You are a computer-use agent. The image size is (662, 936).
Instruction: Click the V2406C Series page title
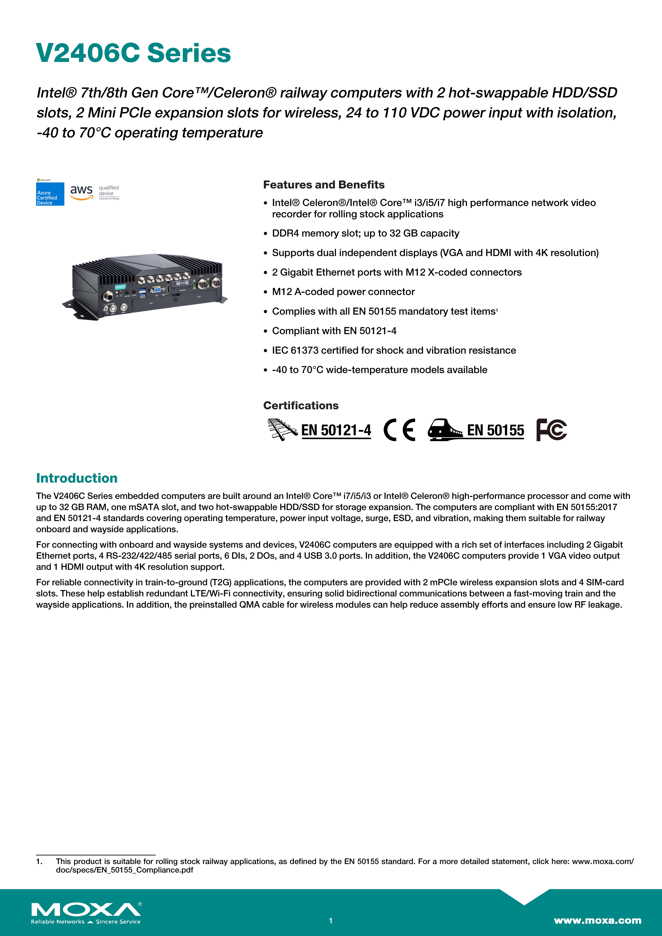pos(133,53)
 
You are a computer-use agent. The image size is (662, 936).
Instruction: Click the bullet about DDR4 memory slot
pos(365,233)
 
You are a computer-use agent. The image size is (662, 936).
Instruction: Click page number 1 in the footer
pos(331,921)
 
